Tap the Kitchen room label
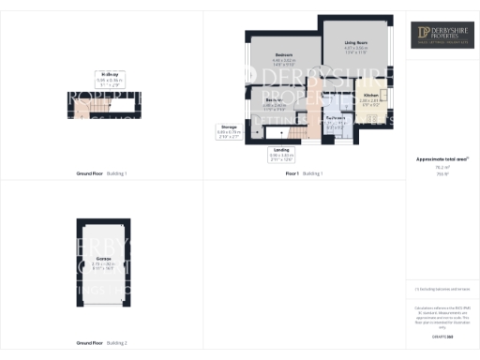pyautogui.click(x=370, y=96)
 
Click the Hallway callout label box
pyautogui.click(x=111, y=77)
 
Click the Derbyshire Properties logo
pyautogui.click(x=443, y=36)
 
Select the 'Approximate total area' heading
pyautogui.click(x=442, y=160)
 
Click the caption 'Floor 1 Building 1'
pyautogui.click(x=304, y=173)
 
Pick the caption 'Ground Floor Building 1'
pyautogui.click(x=101, y=173)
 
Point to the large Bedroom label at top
pyautogui.click(x=285, y=55)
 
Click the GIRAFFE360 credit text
pyautogui.click(x=442, y=334)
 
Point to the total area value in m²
pyautogui.click(x=442, y=169)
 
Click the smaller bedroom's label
pyautogui.click(x=275, y=98)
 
